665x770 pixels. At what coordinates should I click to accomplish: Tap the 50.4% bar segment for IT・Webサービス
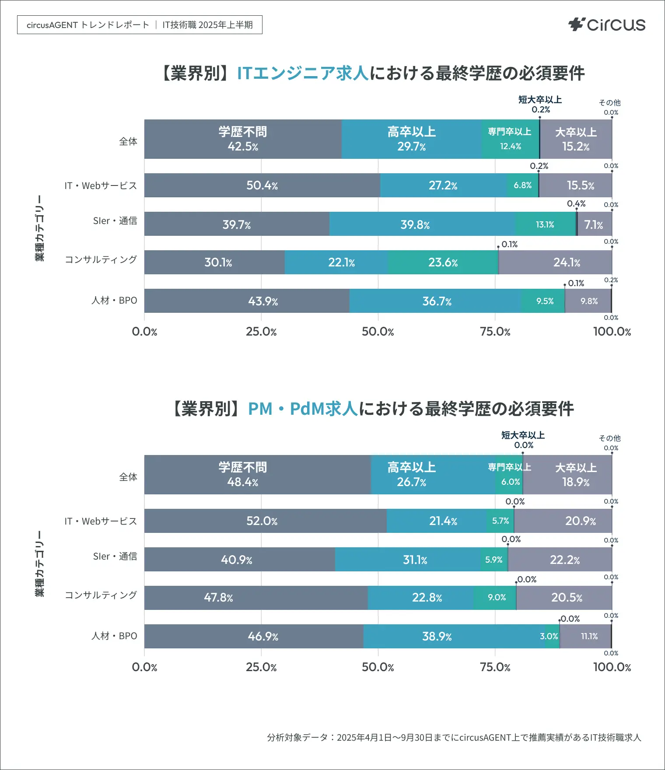tap(262, 185)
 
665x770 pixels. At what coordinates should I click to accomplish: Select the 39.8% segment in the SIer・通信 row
tap(415, 224)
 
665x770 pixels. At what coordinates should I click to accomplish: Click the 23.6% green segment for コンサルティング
tap(443, 262)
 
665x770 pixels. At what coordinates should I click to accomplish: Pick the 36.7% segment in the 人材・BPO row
tap(437, 301)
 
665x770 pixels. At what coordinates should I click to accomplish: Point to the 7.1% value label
tap(594, 224)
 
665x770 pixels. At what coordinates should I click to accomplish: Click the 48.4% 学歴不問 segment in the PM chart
tap(243, 475)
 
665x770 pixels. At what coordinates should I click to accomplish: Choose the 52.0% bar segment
tap(262, 521)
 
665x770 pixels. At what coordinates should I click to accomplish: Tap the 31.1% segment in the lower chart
tap(415, 560)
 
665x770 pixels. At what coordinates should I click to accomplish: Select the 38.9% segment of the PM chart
tap(437, 637)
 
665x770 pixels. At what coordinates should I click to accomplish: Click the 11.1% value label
tap(589, 637)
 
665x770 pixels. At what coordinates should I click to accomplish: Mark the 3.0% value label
tap(549, 637)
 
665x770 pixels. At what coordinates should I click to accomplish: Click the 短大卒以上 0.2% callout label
tap(540, 105)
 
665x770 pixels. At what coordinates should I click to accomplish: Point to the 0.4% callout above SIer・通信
tap(576, 204)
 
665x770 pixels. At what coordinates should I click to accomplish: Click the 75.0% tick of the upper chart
tap(495, 332)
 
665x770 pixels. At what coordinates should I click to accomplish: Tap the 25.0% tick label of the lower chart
tap(261, 667)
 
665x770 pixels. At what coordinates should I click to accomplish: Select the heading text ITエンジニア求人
tap(303, 73)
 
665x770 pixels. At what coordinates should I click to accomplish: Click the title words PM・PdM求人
tap(303, 409)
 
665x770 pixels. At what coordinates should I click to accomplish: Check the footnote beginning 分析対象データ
tap(454, 738)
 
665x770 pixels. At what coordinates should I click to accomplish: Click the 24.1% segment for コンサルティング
tap(567, 262)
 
